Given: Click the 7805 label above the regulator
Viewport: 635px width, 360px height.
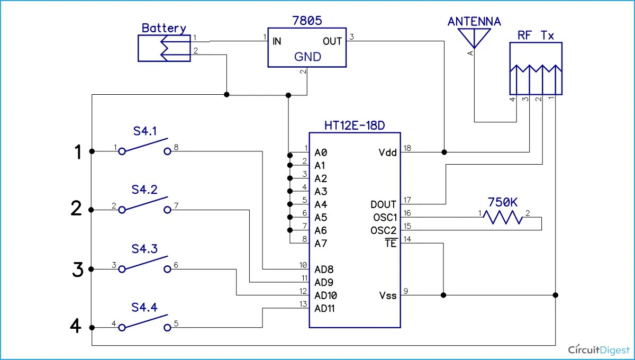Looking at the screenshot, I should tap(307, 22).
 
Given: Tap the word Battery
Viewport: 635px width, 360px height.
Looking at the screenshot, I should tap(164, 29).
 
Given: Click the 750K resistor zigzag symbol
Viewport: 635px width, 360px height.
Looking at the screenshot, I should tap(504, 217).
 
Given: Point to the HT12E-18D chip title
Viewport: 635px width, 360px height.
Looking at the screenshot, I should tap(355, 126).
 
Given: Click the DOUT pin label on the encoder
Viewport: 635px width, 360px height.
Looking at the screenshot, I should tap(384, 204).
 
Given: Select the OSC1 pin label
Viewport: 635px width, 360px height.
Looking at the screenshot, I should tap(384, 217).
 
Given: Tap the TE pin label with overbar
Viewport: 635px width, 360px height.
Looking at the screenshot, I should tap(391, 244).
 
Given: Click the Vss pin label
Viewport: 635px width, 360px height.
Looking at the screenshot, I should tap(387, 295).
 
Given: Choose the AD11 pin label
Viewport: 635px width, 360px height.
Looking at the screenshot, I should tap(324, 308).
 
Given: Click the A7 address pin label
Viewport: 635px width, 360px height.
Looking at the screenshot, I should tap(321, 244).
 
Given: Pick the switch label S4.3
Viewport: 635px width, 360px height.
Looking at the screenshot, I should tap(145, 249).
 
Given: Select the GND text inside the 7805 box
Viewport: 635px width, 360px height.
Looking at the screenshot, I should tap(307, 57).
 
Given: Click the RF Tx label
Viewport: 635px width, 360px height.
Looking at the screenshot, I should tap(535, 35).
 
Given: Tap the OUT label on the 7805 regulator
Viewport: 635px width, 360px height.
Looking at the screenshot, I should tap(332, 41).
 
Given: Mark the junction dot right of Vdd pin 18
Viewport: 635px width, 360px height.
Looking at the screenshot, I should tap(444, 152).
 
